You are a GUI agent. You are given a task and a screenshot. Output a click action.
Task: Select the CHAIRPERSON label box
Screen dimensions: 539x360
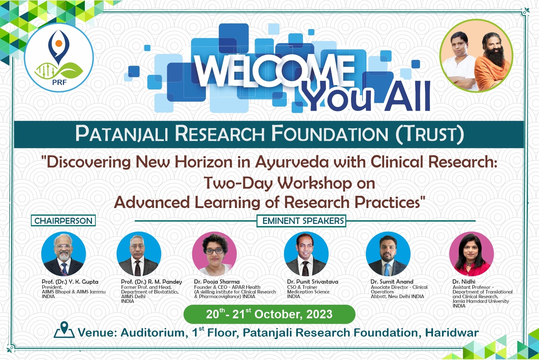click(63, 221)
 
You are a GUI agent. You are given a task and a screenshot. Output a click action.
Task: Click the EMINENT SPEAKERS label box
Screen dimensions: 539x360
click(301, 221)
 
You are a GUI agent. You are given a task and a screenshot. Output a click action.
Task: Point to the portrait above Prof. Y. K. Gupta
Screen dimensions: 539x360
click(64, 254)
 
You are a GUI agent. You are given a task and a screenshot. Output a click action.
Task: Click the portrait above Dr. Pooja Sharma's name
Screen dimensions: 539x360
click(215, 254)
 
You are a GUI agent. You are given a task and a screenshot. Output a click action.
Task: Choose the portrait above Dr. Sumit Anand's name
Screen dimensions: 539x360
click(388, 254)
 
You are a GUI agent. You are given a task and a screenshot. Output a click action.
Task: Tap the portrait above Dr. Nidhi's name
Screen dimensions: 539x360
click(471, 254)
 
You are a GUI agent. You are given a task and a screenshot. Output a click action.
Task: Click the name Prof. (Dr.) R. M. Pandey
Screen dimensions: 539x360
click(151, 282)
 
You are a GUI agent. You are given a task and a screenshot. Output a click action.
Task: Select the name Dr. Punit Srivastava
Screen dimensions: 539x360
click(313, 282)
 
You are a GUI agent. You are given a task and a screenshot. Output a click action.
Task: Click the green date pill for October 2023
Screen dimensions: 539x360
click(269, 314)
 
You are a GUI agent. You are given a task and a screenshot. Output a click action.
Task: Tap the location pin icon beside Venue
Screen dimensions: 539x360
click(64, 330)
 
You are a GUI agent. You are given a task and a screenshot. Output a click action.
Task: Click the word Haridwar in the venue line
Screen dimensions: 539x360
click(452, 333)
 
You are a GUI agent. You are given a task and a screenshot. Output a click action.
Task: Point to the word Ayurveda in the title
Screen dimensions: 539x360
click(292, 162)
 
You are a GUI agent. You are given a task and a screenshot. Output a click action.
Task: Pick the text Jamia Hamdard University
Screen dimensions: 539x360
click(481, 301)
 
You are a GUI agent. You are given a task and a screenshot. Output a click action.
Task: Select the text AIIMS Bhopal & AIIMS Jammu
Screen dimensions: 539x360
click(74, 292)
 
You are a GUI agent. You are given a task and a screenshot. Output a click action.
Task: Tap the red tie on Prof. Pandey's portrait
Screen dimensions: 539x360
click(137, 268)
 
